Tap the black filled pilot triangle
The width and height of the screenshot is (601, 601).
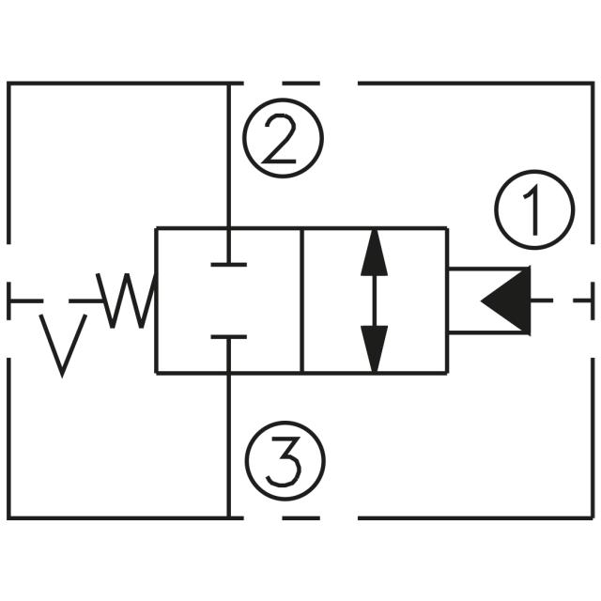click(508, 300)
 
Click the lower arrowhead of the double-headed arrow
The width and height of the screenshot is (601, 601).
click(375, 348)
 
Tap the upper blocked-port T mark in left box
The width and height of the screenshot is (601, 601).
click(229, 263)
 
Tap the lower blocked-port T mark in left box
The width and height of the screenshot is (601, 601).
click(229, 337)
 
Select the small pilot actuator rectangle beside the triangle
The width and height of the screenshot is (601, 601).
click(466, 300)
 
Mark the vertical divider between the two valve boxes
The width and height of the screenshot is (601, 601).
click(301, 300)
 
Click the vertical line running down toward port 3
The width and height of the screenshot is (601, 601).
click(229, 441)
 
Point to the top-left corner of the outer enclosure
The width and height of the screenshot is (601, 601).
click(9, 84)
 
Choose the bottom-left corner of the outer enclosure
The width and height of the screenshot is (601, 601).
click(9, 516)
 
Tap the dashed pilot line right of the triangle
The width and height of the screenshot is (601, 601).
click(563, 300)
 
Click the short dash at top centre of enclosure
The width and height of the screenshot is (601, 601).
click(300, 83)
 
